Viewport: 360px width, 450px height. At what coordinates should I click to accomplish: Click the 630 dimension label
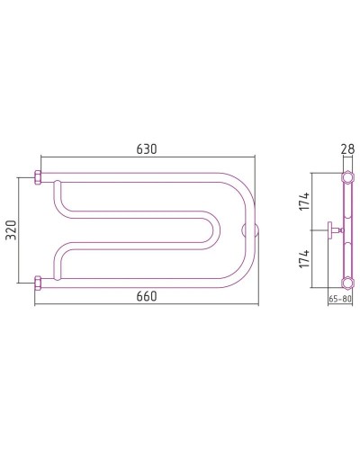click(147, 149)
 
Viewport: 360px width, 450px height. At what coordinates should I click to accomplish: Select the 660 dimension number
click(147, 296)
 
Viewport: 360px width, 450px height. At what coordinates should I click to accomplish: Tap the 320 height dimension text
click(12, 230)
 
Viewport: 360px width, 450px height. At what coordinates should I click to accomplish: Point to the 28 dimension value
click(347, 149)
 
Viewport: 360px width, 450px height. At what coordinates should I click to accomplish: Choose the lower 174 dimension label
click(304, 258)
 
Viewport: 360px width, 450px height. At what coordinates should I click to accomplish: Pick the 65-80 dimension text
click(340, 299)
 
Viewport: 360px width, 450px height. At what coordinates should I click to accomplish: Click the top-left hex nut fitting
click(38, 177)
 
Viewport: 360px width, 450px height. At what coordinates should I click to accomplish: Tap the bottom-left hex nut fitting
click(38, 283)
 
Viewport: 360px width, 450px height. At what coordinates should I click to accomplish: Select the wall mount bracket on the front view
click(249, 230)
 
